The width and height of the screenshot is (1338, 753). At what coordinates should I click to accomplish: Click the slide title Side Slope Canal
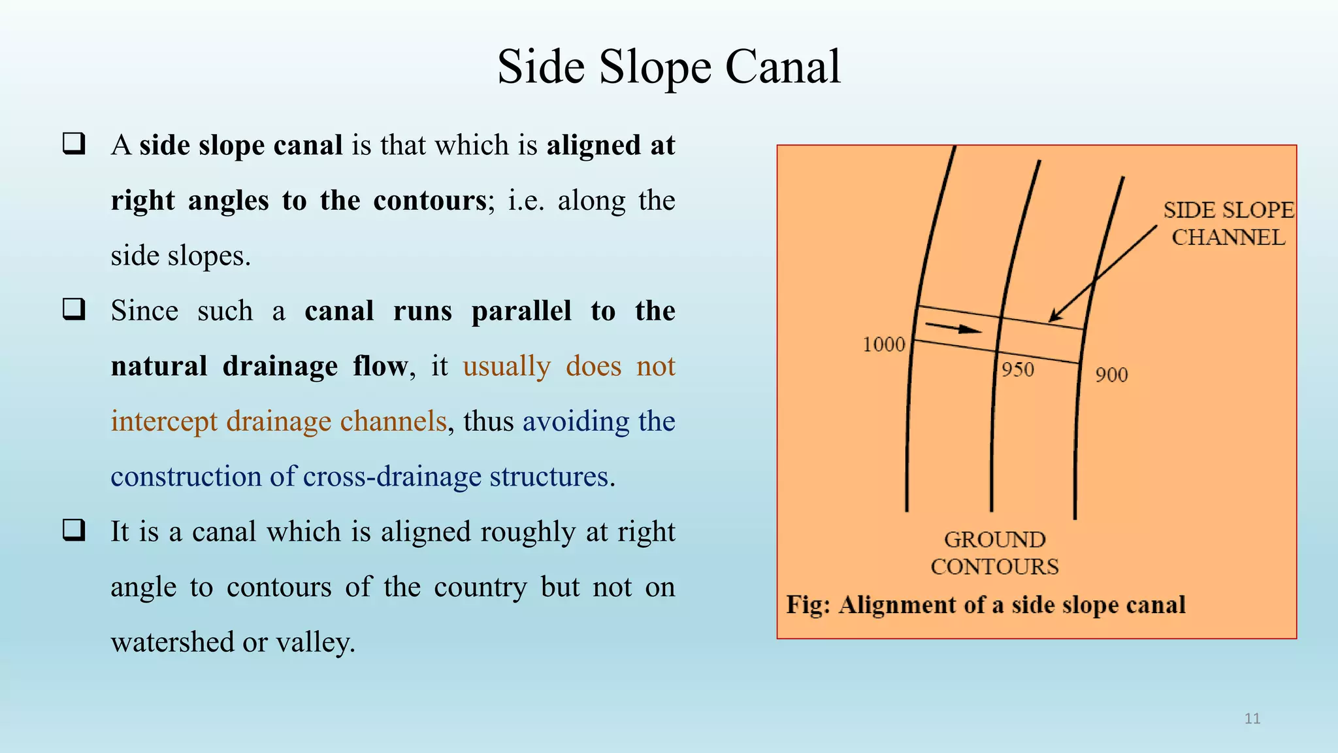[x=669, y=67]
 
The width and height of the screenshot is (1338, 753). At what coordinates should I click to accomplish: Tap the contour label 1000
[x=883, y=344]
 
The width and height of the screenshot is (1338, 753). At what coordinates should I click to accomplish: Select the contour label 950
[x=1018, y=370]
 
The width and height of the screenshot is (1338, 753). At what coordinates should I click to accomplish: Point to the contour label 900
[x=1111, y=375]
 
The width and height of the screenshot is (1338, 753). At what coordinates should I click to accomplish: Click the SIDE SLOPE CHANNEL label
[x=1228, y=224]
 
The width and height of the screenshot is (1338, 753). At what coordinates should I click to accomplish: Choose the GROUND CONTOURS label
[x=994, y=553]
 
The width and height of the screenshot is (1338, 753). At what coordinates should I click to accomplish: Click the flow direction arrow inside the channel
[x=953, y=327]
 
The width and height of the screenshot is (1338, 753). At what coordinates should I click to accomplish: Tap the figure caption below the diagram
[x=985, y=605]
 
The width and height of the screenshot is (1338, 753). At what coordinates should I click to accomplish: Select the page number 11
[x=1252, y=718]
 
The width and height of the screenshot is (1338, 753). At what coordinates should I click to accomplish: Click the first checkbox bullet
[x=74, y=144]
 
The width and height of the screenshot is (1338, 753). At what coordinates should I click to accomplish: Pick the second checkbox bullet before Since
[x=74, y=309]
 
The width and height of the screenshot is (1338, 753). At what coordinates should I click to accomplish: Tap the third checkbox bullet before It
[x=74, y=530]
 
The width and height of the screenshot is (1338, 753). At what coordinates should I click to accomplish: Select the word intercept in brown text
[x=163, y=422]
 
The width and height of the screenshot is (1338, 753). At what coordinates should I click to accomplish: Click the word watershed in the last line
[x=172, y=643]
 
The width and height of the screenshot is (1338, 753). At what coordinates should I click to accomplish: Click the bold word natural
[x=159, y=366]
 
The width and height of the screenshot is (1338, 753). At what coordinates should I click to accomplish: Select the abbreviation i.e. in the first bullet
[x=525, y=201]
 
